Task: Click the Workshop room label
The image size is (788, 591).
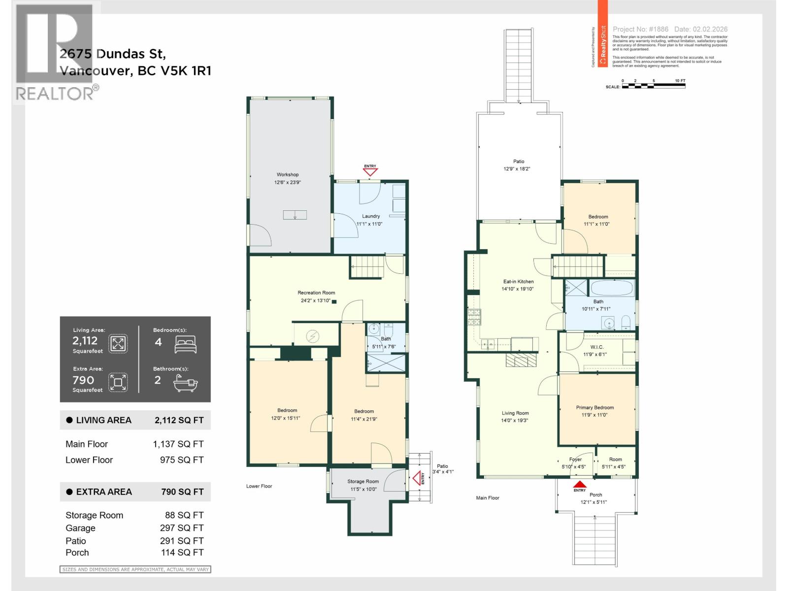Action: [288, 174]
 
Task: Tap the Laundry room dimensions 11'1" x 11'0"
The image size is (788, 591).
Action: [369, 224]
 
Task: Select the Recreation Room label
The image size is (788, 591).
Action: [316, 293]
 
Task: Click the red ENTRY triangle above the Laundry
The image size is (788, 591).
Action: [370, 172]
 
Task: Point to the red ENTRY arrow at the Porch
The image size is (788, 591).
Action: [580, 484]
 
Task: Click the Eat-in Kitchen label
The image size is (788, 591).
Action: [518, 282]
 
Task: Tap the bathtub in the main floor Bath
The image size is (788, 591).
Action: [612, 288]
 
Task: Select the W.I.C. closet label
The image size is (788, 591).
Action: [596, 347]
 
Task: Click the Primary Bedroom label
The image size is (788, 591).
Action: [595, 407]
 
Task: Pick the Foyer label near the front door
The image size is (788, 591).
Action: [575, 460]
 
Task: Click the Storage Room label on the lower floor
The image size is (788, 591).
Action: [363, 482]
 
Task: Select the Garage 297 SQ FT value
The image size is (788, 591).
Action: [182, 528]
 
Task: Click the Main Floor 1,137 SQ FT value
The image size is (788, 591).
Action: [178, 444]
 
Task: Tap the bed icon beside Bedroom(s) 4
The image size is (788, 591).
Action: [186, 344]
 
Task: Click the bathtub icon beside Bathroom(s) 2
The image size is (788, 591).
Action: [186, 383]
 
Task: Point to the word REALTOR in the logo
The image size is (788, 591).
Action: [54, 93]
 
